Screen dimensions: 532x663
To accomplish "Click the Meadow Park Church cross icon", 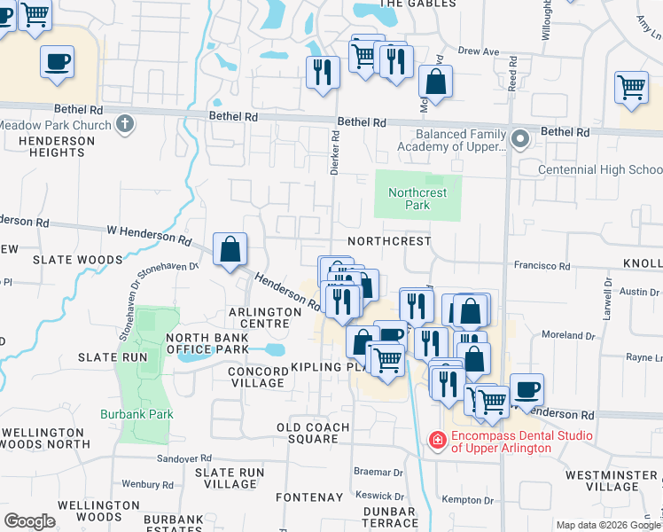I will click(x=125, y=124).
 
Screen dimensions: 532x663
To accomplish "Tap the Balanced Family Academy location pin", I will click(x=521, y=139).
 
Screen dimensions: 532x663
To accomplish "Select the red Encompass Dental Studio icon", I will click(x=437, y=440).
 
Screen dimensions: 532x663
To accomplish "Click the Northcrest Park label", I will click(x=417, y=199).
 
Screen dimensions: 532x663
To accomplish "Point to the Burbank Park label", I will click(x=149, y=413).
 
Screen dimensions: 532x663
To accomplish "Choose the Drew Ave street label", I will click(x=479, y=51).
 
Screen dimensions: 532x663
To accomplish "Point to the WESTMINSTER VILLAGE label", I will click(x=612, y=481).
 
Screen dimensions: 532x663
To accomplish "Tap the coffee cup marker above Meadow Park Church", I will click(x=58, y=62).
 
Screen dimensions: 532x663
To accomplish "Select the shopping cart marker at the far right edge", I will click(x=631, y=88).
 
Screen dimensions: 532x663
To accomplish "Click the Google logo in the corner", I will click(x=29, y=521).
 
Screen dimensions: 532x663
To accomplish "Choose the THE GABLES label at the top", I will click(x=417, y=4).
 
